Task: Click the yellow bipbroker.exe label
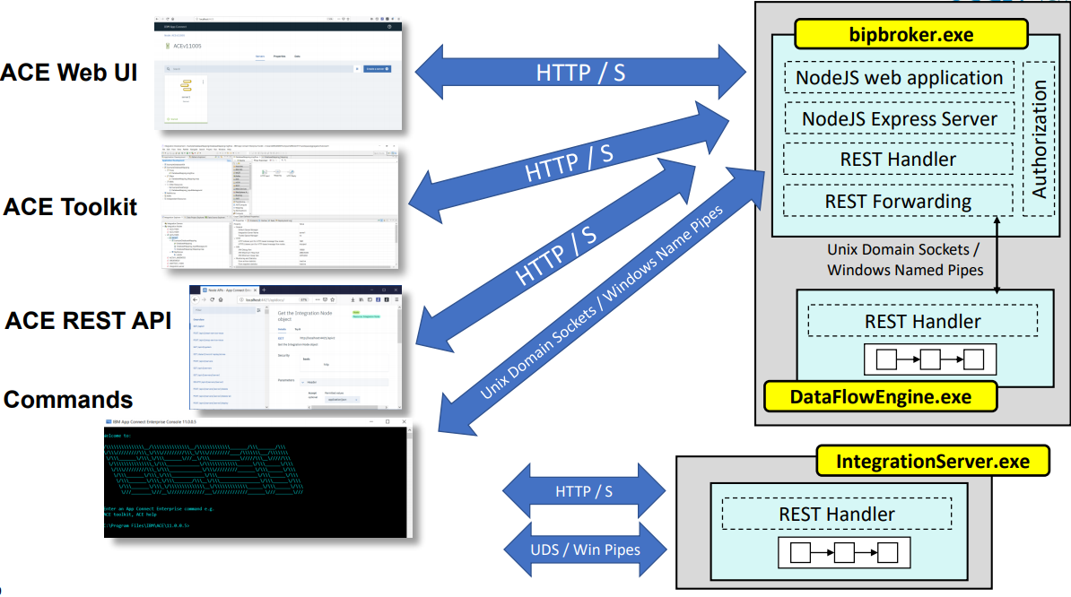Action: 910,35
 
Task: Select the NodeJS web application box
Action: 899,78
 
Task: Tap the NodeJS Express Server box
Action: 899,118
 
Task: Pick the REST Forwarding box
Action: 898,201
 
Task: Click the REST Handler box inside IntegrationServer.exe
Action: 836,514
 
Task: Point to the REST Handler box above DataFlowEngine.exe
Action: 923,321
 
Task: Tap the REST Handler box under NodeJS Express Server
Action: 898,160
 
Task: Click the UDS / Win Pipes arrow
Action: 585,548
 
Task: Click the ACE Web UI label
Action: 69,73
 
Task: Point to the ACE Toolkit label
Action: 70,207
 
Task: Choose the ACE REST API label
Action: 87,320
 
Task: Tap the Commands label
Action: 68,399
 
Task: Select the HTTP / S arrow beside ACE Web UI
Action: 580,73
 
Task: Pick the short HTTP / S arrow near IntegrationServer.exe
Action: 585,491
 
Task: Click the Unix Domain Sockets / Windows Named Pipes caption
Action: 904,260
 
